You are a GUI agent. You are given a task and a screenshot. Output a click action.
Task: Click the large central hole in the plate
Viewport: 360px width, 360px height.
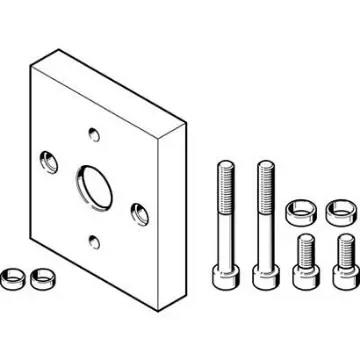94,182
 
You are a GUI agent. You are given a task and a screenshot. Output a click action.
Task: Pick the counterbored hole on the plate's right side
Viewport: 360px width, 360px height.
138,211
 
